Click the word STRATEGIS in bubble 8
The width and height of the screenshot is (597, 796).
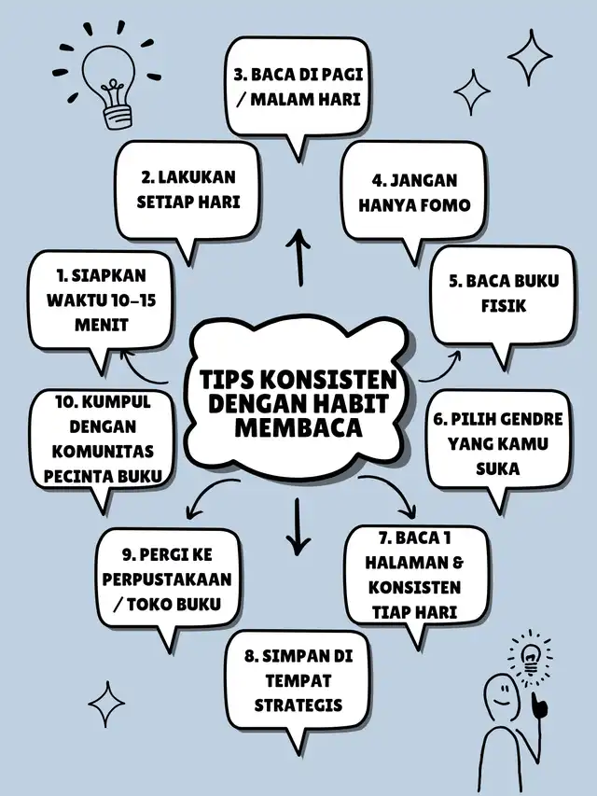click(298, 705)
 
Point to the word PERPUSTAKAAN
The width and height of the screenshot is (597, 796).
click(167, 580)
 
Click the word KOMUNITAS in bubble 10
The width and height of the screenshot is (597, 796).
click(103, 452)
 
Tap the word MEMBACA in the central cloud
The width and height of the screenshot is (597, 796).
click(298, 428)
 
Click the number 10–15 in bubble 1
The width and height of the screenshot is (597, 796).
click(132, 300)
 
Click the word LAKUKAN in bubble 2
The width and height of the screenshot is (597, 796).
click(197, 177)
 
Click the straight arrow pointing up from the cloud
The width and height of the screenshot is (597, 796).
click(299, 257)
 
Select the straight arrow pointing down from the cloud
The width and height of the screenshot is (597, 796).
click(298, 526)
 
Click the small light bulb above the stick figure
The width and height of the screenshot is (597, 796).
click(531, 655)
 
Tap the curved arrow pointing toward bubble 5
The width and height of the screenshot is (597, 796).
click(440, 370)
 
